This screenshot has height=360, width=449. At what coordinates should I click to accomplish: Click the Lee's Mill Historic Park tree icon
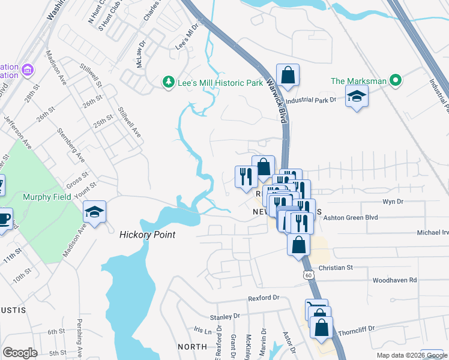(169, 82)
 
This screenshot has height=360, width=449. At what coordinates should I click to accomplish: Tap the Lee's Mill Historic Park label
(220, 83)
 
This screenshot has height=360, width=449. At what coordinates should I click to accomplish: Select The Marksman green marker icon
(395, 80)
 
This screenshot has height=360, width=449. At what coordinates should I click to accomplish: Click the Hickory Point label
(147, 235)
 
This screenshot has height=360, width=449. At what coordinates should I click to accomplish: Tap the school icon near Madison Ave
(94, 212)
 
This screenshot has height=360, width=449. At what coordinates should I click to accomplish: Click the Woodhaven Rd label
(394, 280)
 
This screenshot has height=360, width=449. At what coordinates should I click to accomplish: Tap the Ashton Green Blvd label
(351, 218)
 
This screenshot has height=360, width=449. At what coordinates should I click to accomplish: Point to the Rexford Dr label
(264, 298)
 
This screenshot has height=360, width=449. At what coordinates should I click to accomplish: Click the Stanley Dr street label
(224, 316)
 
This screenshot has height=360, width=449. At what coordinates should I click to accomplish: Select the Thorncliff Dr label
(355, 329)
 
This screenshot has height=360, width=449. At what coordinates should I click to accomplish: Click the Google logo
(20, 353)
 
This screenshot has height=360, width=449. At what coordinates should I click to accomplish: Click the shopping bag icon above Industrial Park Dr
(288, 75)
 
